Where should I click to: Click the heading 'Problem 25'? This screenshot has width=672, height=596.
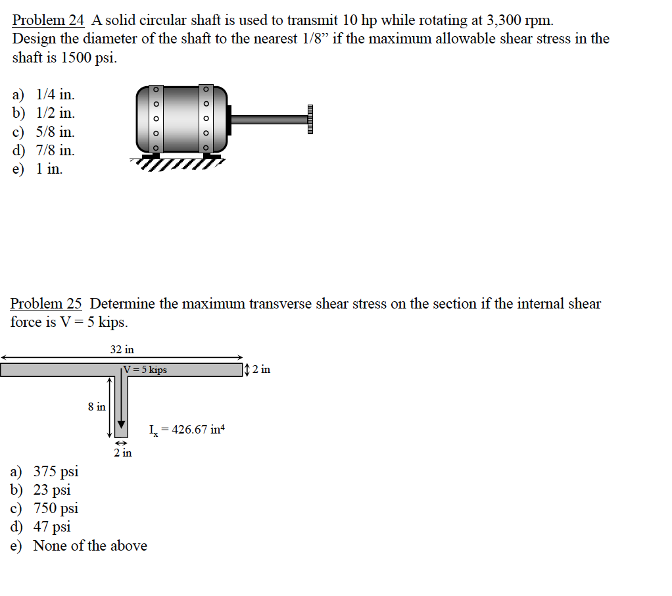tap(46, 303)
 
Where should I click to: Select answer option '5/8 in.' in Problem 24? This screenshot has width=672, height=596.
tap(55, 132)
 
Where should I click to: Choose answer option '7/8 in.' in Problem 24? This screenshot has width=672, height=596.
tap(55, 150)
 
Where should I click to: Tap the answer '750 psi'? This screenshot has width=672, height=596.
tap(55, 508)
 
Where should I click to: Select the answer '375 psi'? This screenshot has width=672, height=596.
tap(55, 471)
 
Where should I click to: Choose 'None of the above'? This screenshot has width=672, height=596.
tap(90, 545)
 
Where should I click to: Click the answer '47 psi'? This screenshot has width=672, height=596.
tap(52, 526)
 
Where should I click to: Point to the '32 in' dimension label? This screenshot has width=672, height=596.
tap(122, 349)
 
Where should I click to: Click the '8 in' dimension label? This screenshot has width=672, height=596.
tap(97, 407)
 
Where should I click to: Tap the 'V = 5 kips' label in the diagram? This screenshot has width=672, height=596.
tap(146, 370)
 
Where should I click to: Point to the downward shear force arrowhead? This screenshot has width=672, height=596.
tap(121, 423)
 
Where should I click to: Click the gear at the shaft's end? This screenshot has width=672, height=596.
tap(310, 119)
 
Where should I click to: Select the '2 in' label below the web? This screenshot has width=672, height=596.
tap(122, 453)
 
